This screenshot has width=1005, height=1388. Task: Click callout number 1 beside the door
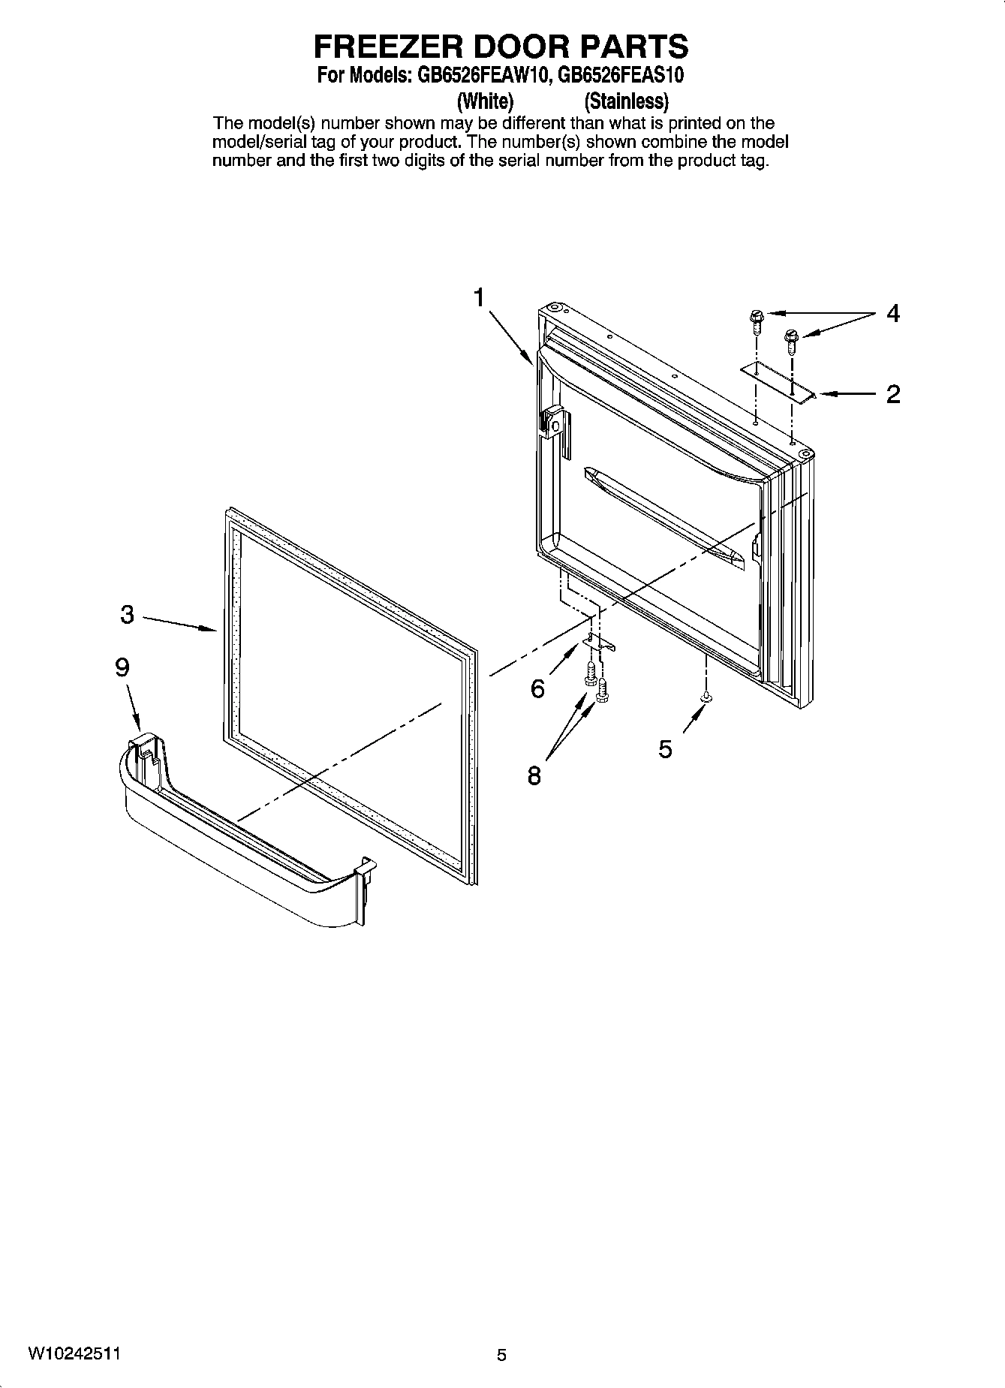click(x=478, y=298)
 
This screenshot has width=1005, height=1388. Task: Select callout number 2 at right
click(x=892, y=394)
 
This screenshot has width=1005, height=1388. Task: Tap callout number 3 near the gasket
click(x=127, y=615)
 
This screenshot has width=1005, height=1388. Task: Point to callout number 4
click(x=892, y=313)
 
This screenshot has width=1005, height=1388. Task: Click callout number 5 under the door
click(x=665, y=748)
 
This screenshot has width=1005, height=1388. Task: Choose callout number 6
click(x=537, y=688)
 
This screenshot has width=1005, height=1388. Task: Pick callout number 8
click(x=534, y=775)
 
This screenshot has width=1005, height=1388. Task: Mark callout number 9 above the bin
click(x=122, y=667)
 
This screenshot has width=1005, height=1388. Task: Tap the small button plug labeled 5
click(x=706, y=699)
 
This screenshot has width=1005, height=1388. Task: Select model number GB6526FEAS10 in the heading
click(x=621, y=76)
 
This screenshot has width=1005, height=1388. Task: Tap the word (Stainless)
click(x=626, y=101)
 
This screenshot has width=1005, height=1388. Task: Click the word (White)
click(x=485, y=101)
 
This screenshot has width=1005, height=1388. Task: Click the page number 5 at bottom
click(x=501, y=1355)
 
